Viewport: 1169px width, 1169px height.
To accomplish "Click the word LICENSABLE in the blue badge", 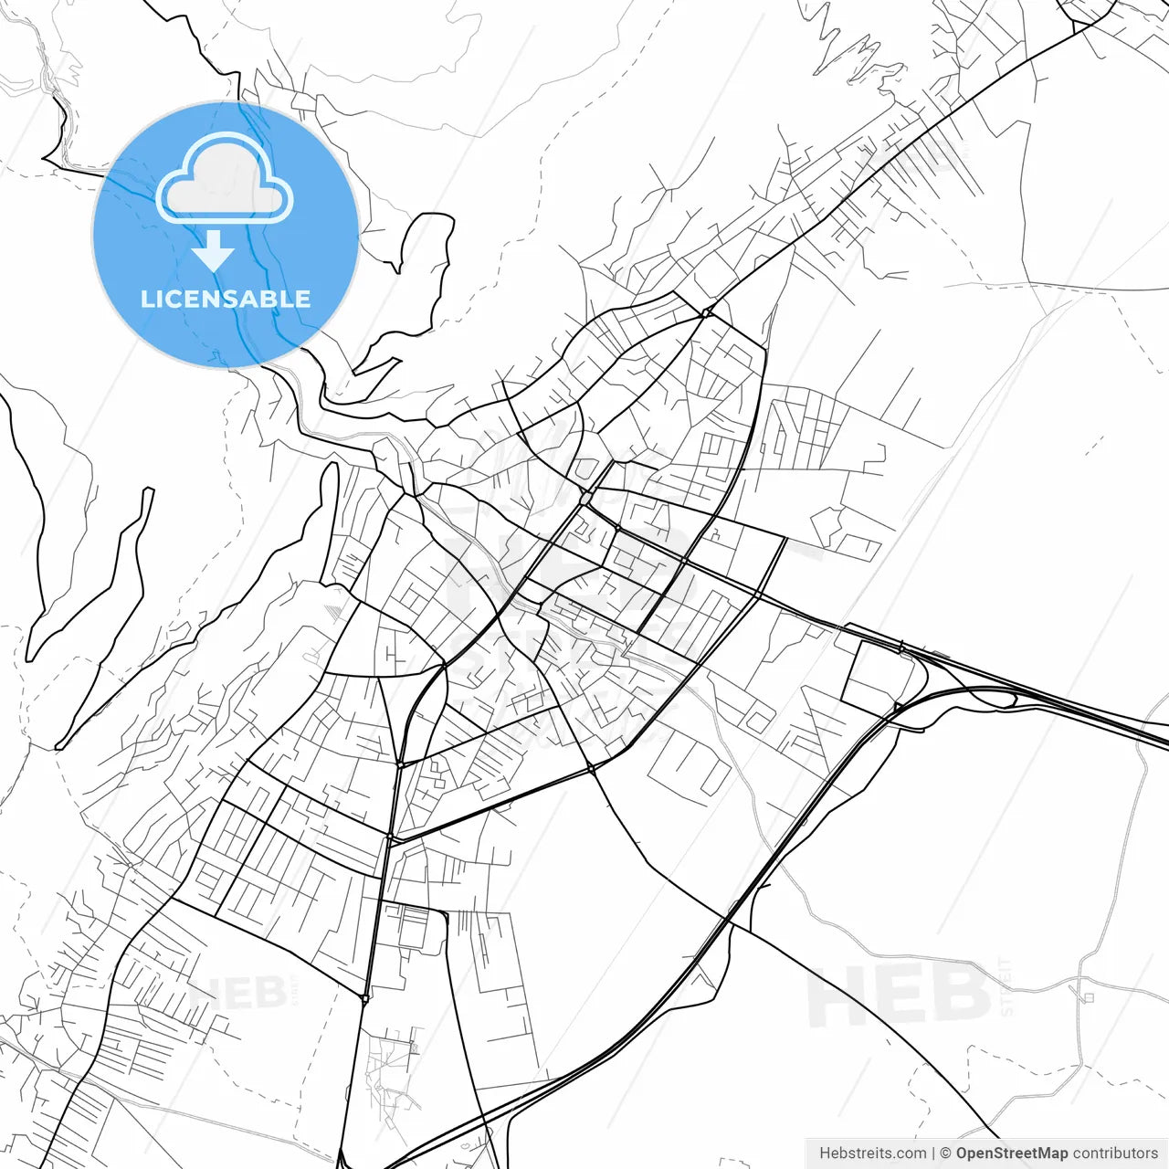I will point(225,299).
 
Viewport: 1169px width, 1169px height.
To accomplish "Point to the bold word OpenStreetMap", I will point(1012,1153).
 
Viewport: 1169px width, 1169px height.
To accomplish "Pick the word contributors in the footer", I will point(1115,1153).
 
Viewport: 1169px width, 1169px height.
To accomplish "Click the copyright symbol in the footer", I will point(945,1153).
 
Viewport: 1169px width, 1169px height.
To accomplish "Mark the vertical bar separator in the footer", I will point(932,1153).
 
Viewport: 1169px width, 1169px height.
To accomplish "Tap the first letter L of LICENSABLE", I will point(147,299).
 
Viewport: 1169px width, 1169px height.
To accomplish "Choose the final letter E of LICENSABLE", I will point(302,299).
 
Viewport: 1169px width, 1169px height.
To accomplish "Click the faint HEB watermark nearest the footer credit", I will point(900,995).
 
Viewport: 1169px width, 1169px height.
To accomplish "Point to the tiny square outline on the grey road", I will point(1087,997).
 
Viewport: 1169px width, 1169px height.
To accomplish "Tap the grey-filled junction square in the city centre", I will point(585,499).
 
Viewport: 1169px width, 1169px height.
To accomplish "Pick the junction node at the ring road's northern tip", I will point(706,313).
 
